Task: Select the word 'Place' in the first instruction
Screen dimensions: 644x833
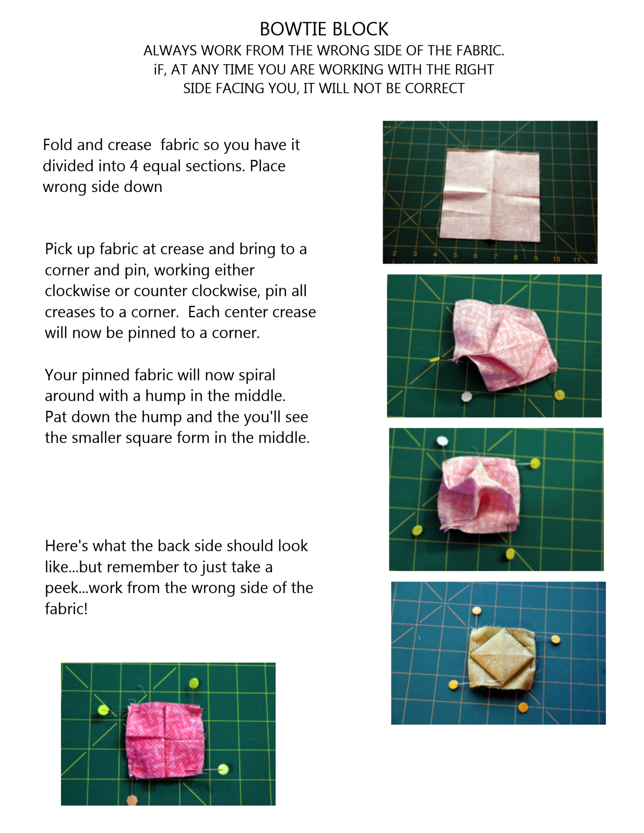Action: pyautogui.click(x=267, y=166)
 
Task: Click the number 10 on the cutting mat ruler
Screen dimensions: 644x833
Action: pyautogui.click(x=556, y=259)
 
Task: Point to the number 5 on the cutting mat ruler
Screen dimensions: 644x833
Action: pyautogui.click(x=455, y=255)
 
